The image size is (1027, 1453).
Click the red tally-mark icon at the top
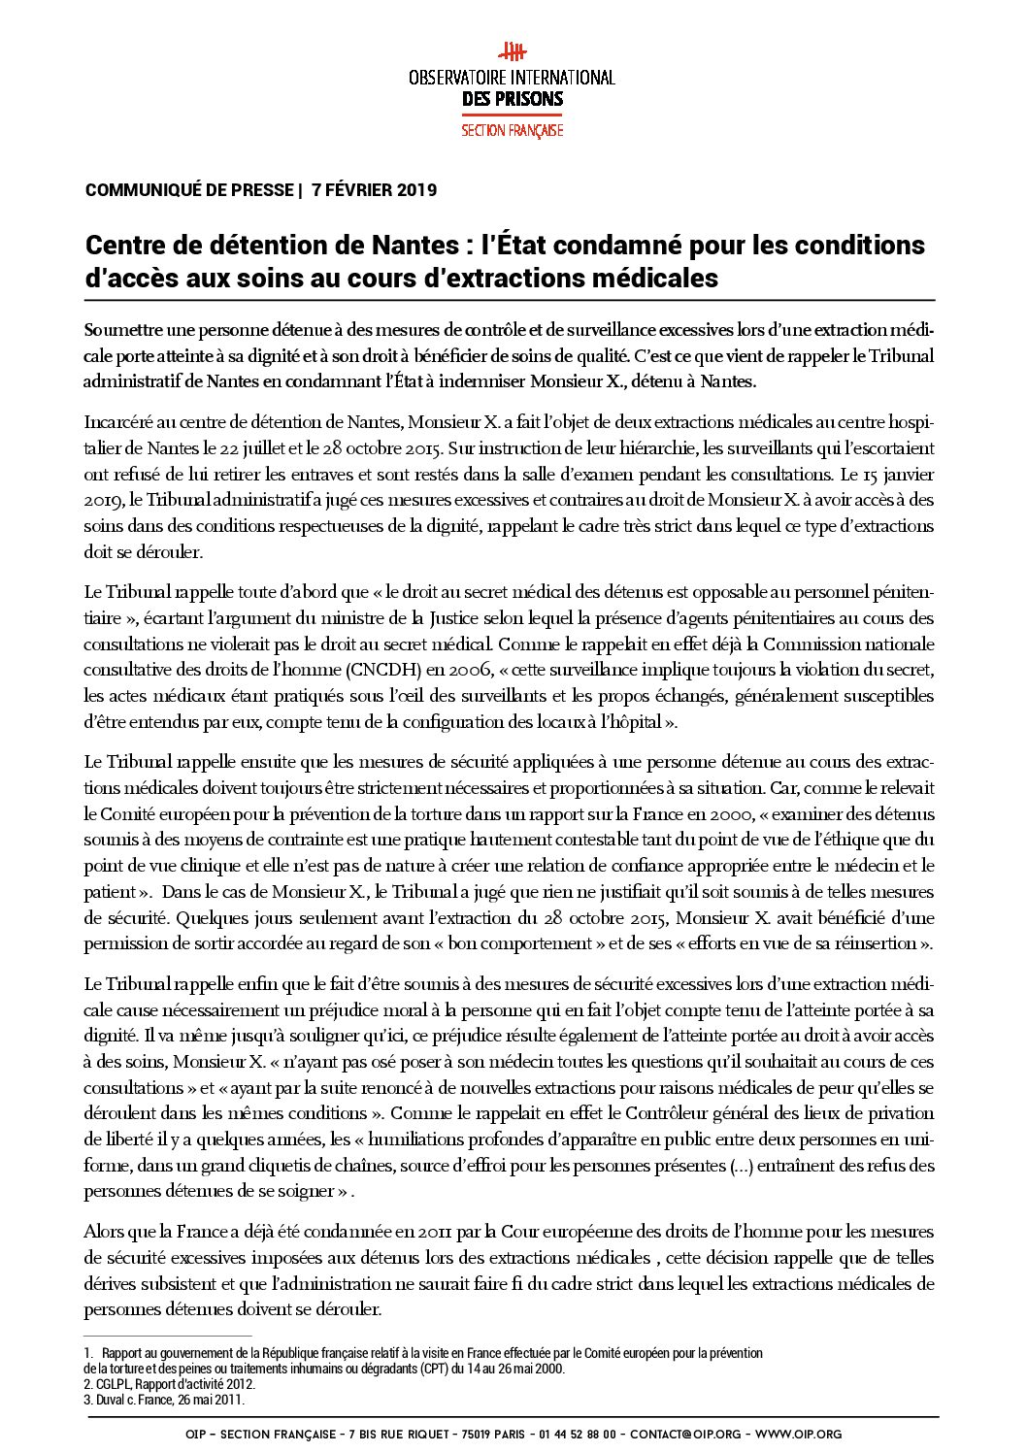point(512,52)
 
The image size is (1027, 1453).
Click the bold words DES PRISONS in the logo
point(513,98)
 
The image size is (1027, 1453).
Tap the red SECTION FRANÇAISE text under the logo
point(513,130)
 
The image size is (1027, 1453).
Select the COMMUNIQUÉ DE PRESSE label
point(189,190)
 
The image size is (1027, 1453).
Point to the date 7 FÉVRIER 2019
point(374,190)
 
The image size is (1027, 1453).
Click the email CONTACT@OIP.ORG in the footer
point(684,1434)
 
